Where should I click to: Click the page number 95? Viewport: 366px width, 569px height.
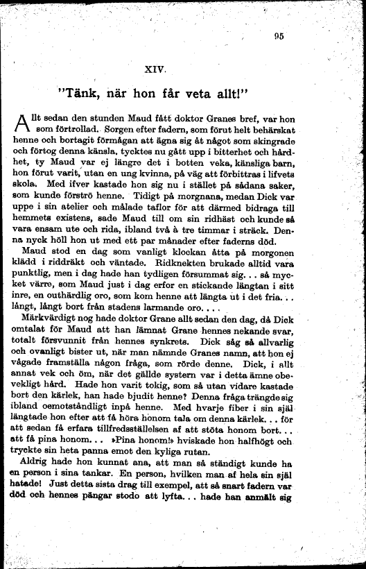pos(279,37)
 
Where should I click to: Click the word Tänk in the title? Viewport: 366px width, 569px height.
pos(85,93)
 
